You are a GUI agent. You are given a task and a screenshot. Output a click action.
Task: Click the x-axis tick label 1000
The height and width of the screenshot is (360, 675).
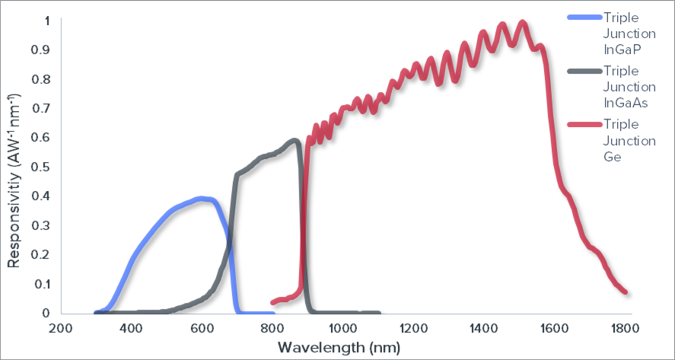coord(342,329)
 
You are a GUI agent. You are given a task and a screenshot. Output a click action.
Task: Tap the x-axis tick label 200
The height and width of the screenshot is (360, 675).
coord(61,329)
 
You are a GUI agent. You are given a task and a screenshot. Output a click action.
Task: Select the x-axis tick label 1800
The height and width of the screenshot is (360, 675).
coord(624,329)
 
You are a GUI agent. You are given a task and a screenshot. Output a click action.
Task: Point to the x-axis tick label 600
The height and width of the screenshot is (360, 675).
coord(202,329)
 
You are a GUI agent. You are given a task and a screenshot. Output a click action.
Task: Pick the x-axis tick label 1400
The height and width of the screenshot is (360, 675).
coord(483,329)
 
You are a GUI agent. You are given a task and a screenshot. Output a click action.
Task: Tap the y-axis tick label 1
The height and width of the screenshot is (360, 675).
coord(47,21)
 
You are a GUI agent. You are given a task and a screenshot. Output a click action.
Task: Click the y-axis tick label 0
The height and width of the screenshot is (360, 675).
coord(47,313)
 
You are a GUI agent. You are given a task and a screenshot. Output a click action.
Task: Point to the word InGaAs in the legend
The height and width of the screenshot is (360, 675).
coord(626,104)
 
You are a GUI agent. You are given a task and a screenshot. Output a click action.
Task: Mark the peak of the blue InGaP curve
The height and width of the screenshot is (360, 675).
coord(202,199)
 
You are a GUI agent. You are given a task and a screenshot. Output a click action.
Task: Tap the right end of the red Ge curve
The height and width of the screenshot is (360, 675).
coord(625,291)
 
